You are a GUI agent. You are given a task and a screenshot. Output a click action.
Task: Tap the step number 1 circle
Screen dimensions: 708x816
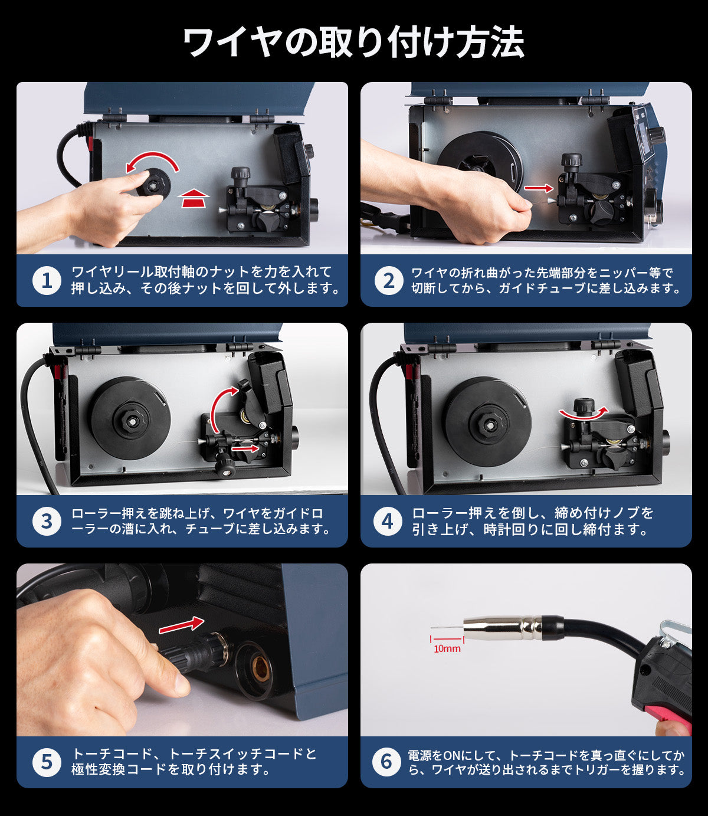[x=47, y=280]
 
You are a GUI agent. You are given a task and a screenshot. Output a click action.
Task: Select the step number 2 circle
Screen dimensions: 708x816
[x=389, y=280]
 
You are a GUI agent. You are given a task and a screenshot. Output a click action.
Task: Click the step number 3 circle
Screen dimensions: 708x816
[x=47, y=521]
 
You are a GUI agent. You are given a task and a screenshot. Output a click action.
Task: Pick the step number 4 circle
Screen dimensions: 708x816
[x=388, y=521]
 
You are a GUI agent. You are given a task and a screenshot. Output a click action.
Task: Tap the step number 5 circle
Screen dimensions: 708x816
[x=47, y=762]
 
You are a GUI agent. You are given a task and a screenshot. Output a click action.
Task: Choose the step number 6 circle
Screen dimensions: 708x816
[x=386, y=762]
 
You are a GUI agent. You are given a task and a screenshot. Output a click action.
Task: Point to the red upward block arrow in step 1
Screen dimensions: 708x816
[x=194, y=198]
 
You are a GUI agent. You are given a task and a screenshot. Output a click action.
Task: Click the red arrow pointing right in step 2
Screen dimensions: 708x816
[x=539, y=188]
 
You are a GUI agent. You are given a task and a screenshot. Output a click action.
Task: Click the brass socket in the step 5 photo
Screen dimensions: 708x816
[x=260, y=668]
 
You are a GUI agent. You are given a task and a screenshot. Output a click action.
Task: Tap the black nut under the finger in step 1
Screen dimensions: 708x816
[x=153, y=183]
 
